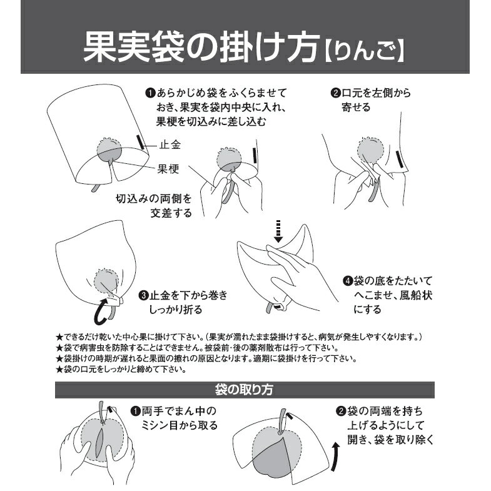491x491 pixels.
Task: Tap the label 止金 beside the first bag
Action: [x=170, y=145]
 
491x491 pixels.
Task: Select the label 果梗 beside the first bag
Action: [x=168, y=169]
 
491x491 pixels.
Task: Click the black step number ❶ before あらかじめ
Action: [x=150, y=93]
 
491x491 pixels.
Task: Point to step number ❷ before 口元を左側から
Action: [x=336, y=93]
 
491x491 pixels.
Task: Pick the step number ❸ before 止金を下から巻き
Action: [x=143, y=296]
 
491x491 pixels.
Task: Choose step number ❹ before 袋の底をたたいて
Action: [x=348, y=281]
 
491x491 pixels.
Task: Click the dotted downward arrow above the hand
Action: [x=278, y=231]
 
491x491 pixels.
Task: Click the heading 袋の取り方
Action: [x=244, y=390]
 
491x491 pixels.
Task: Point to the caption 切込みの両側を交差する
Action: [x=154, y=206]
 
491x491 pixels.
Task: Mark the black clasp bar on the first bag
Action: [x=140, y=142]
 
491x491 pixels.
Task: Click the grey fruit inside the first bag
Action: [x=109, y=149]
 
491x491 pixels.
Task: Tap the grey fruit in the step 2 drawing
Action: [x=370, y=151]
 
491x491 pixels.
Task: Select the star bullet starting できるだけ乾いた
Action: [x=59, y=338]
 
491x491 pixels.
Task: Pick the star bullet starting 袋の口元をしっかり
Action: [x=59, y=370]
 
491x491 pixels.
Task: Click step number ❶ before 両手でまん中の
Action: [x=136, y=411]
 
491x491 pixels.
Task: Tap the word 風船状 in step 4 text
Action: [x=416, y=295]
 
